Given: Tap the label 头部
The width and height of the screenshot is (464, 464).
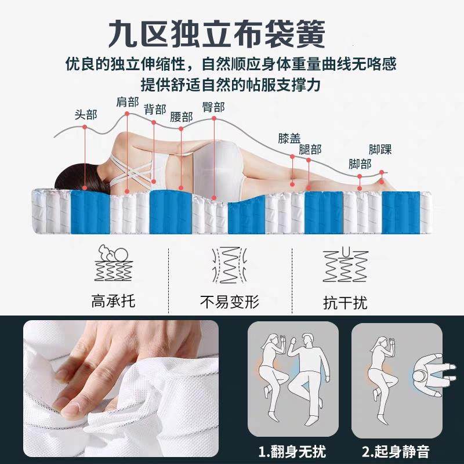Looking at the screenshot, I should pyautogui.click(x=86, y=114).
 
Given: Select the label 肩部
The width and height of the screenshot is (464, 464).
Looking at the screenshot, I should pyautogui.click(x=128, y=103).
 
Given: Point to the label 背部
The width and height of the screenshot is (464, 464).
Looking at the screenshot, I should pyautogui.click(x=155, y=109).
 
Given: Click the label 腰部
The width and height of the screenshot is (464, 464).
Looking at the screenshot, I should pyautogui.click(x=182, y=117).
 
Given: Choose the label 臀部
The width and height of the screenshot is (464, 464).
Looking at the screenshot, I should pyautogui.click(x=213, y=107).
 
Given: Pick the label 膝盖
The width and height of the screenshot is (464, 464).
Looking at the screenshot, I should pyautogui.click(x=289, y=139).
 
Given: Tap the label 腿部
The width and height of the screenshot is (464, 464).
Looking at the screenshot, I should pyautogui.click(x=310, y=149).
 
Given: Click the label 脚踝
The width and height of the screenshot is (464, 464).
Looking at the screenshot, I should pyautogui.click(x=380, y=149).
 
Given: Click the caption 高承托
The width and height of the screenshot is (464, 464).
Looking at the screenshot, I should pyautogui.click(x=114, y=302).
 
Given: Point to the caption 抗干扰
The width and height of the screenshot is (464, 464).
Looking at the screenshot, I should pyautogui.click(x=345, y=303).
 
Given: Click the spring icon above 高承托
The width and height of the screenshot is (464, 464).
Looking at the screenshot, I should pyautogui.click(x=114, y=264).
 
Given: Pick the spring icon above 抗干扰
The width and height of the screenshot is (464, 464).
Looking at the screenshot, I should pyautogui.click(x=345, y=266).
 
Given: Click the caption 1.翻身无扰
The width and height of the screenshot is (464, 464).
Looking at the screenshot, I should pyautogui.click(x=292, y=450).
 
